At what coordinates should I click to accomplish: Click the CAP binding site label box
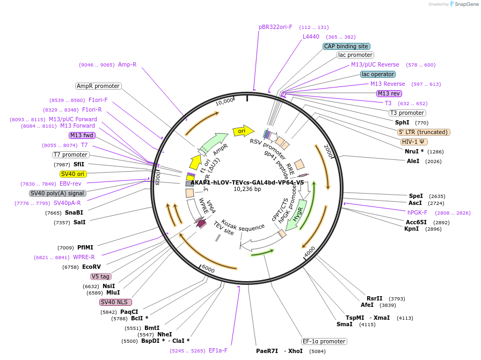(x=346, y=46)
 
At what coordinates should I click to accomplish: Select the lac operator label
(x=378, y=74)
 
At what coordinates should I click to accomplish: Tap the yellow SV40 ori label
(x=72, y=174)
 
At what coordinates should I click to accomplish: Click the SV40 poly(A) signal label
(x=57, y=193)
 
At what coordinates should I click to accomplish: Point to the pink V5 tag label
(x=100, y=276)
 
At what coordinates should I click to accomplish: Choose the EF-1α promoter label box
(x=324, y=341)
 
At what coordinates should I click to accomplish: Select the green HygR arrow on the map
(x=296, y=215)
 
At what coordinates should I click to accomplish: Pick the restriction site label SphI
(x=402, y=122)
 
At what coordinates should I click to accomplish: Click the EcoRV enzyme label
(x=91, y=267)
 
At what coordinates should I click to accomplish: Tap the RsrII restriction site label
(x=375, y=298)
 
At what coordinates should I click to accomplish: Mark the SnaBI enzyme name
(x=74, y=212)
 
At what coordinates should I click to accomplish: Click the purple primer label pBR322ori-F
(x=275, y=27)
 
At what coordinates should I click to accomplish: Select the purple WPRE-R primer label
(x=84, y=257)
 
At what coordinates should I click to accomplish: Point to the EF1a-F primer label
(x=218, y=350)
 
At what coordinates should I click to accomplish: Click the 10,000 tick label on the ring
(x=224, y=101)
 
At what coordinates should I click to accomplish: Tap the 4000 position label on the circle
(x=310, y=252)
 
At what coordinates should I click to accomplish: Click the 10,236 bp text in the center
(x=247, y=189)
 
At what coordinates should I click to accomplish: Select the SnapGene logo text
(x=467, y=4)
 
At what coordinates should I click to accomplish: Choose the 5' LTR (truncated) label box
(x=424, y=132)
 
